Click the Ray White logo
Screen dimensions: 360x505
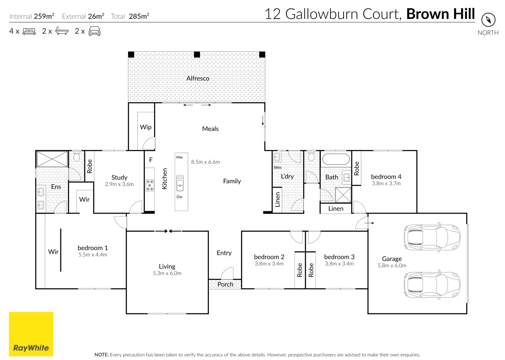click(31, 334)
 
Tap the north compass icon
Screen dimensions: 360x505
click(488, 20)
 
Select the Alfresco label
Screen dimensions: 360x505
click(198, 78)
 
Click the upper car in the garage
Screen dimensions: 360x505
click(432, 237)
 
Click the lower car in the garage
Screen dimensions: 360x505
click(432, 285)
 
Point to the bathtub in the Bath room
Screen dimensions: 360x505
click(336, 159)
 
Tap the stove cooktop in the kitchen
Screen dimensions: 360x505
click(150, 185)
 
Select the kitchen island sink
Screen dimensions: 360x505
click(180, 183)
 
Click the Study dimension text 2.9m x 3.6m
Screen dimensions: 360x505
click(119, 184)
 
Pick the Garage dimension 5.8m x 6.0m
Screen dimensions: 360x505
click(392, 266)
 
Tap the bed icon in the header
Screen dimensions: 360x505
click(29, 32)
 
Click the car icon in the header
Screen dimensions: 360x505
click(94, 32)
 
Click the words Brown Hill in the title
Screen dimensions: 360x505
click(440, 14)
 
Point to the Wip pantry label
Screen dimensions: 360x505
click(146, 127)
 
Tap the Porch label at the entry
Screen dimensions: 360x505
click(225, 284)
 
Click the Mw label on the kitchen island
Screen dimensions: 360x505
click(179, 157)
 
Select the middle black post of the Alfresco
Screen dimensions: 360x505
click(197, 54)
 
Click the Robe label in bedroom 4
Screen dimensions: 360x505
click(357, 168)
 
